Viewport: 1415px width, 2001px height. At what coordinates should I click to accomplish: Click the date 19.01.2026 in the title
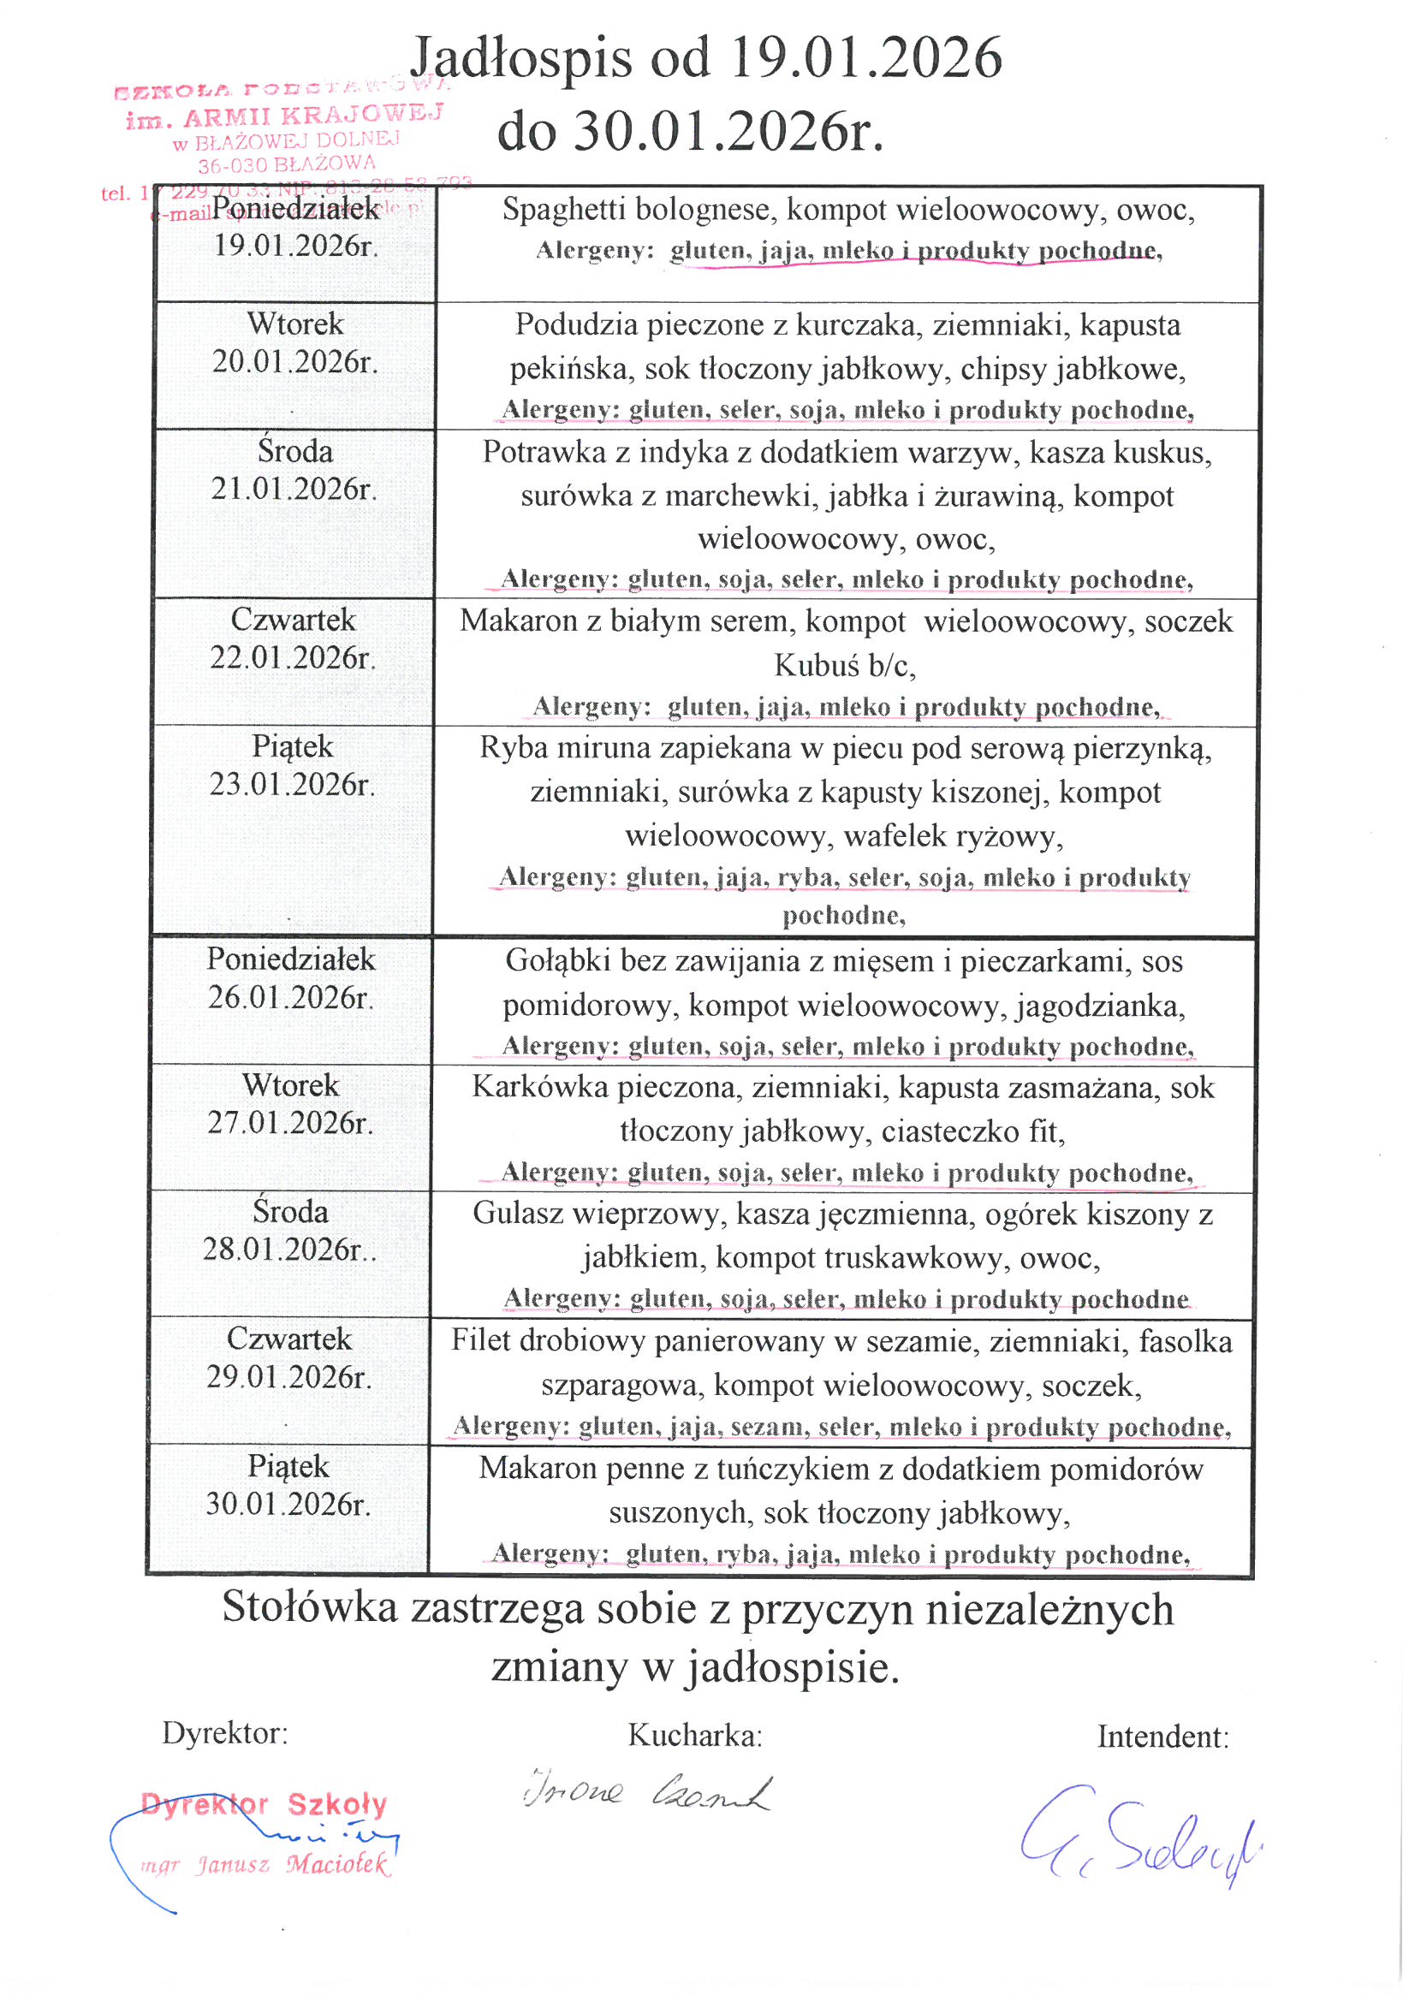[865, 57]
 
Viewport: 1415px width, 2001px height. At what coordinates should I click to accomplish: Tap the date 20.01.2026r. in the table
[294, 362]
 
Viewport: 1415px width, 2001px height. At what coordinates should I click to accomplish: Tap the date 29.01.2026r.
[288, 1377]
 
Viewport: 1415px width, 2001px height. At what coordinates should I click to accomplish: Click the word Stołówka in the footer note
[310, 1608]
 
